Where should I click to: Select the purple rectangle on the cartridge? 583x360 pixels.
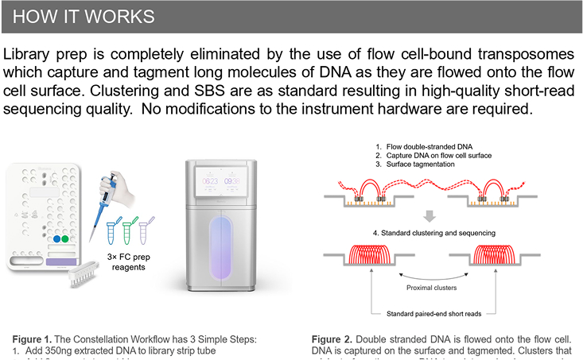(60, 260)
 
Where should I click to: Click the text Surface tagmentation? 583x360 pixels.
(420, 166)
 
